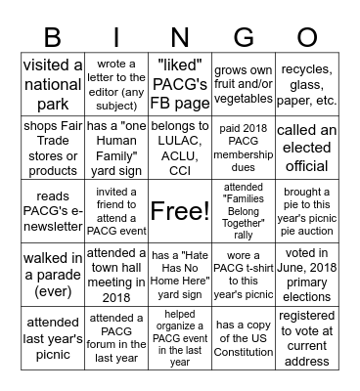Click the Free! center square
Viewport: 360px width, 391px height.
pyautogui.click(x=179, y=210)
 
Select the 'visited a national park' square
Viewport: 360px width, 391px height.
pyautogui.click(x=52, y=86)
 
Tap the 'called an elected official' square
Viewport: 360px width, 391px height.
pyautogui.click(x=306, y=148)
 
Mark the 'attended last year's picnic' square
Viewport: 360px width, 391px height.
pyautogui.click(x=52, y=333)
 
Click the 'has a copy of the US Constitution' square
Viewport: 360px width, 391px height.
pyautogui.click(x=243, y=333)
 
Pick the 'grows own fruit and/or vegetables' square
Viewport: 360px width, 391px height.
pyautogui.click(x=243, y=86)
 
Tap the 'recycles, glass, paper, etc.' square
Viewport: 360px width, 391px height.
pyautogui.click(x=306, y=86)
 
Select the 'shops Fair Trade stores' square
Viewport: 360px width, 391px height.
pyautogui.click(x=52, y=148)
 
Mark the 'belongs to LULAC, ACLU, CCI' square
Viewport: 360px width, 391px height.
pyautogui.click(x=179, y=148)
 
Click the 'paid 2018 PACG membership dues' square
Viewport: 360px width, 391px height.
pyautogui.click(x=243, y=148)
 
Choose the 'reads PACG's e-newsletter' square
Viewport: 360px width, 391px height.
pyautogui.click(x=52, y=210)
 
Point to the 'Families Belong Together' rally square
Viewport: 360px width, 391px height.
pyautogui.click(x=243, y=210)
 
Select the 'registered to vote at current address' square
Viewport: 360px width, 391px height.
pyautogui.click(x=306, y=333)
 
